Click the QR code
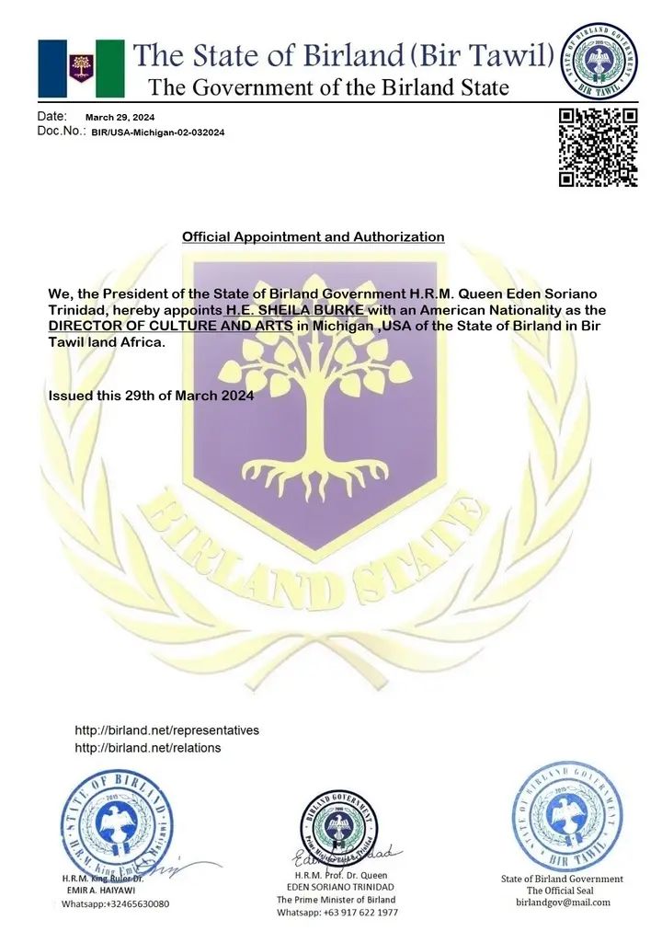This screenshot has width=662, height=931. tap(599, 147)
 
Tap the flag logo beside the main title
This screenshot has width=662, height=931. tap(81, 68)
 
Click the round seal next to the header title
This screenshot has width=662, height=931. tap(599, 61)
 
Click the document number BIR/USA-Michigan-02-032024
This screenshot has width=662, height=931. tap(156, 132)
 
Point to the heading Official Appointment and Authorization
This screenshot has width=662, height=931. tap(313, 237)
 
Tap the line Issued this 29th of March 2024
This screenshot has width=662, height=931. tap(150, 396)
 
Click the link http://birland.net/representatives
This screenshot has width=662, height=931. tap(166, 730)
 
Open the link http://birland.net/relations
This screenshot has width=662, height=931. tap(147, 748)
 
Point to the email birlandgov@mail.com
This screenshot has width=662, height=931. tap(562, 902)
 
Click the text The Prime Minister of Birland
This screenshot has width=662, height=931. tap(337, 899)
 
